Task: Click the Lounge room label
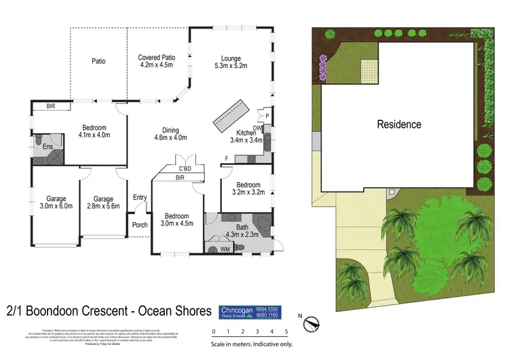point(230,62)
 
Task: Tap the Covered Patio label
point(157,62)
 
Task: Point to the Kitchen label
point(244,136)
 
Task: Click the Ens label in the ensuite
point(48,147)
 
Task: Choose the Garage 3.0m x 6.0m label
point(55,202)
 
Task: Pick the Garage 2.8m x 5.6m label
point(102,202)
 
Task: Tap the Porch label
point(140,225)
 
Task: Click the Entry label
point(140,198)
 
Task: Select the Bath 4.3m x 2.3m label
point(242,231)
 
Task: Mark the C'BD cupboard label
point(185,168)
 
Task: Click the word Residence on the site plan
point(399,124)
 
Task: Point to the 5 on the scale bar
point(286,331)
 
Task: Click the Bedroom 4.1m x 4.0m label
point(96,131)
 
